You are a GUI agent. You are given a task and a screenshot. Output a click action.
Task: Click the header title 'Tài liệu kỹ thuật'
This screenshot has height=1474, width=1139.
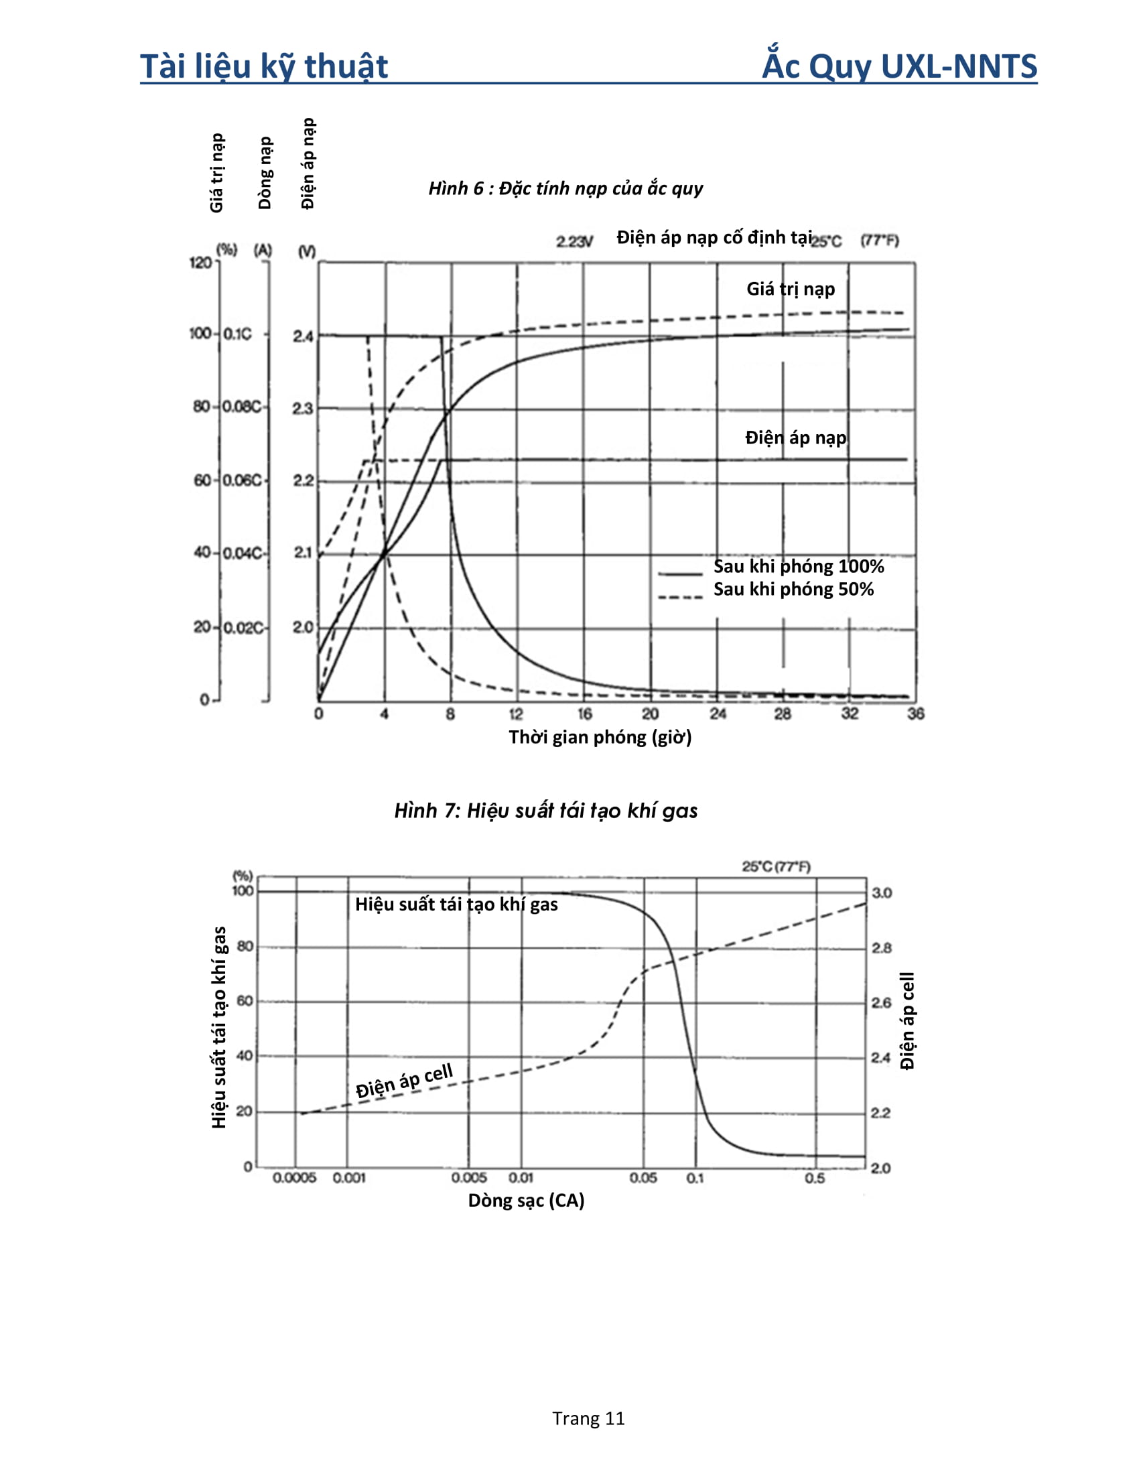[x=264, y=66]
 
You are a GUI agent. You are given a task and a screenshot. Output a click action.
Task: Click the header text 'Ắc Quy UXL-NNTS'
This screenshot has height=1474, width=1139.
[x=898, y=66]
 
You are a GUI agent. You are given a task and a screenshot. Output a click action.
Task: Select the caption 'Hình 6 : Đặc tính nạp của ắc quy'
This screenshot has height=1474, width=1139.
[x=565, y=188]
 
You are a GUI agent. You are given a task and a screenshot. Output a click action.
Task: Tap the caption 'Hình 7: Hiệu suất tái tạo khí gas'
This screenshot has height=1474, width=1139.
[x=545, y=810]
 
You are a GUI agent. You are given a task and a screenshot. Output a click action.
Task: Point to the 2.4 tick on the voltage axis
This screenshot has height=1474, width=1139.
[x=303, y=336]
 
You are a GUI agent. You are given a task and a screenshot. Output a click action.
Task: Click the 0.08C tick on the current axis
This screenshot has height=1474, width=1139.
[x=241, y=406]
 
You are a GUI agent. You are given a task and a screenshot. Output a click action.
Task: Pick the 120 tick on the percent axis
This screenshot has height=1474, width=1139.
[x=200, y=263]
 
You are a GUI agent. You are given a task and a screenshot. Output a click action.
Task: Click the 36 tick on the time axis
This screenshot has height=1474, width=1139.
[x=915, y=714]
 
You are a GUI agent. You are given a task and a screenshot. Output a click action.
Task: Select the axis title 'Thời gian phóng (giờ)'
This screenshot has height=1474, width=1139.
[x=600, y=737]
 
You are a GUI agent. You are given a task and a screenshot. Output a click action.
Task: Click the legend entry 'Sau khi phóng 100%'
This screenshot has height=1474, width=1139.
[x=798, y=566]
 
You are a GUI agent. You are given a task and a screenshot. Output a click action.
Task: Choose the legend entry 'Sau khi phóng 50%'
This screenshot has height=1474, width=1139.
[x=793, y=589]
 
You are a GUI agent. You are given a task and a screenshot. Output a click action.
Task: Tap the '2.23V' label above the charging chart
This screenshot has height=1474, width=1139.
[x=574, y=241]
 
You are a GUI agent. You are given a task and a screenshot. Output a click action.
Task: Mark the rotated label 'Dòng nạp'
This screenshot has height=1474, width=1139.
[x=265, y=173]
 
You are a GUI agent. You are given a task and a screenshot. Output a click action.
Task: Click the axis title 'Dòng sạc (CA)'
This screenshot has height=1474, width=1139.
[x=526, y=1200]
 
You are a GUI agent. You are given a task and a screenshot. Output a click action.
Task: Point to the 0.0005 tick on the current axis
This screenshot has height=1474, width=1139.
[x=294, y=1178]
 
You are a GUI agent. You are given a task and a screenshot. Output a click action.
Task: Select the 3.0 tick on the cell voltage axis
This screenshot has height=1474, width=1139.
[x=881, y=893]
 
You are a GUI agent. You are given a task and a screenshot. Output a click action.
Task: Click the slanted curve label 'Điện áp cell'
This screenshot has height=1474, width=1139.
[x=404, y=1080]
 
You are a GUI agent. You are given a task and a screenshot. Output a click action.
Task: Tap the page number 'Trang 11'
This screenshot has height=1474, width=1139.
[x=588, y=1418]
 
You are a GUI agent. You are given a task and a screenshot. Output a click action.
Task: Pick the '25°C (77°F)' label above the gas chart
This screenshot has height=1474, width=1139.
[x=776, y=866]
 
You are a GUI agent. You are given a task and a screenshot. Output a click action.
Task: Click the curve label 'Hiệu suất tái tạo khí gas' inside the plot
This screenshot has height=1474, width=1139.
[x=456, y=904]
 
